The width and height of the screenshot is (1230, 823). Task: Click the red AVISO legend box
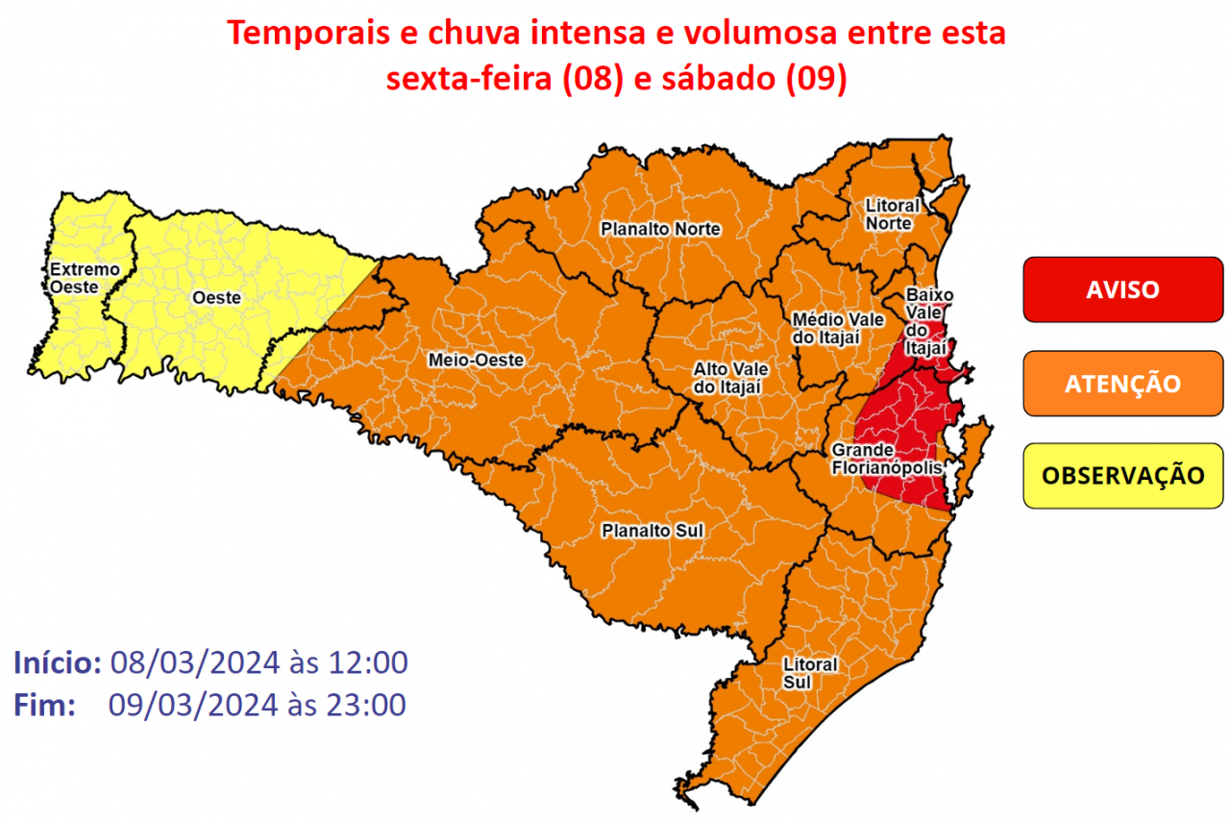tap(1122, 289)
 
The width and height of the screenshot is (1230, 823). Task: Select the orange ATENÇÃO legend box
tap(1122, 383)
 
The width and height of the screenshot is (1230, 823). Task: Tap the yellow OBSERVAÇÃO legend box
tap(1122, 475)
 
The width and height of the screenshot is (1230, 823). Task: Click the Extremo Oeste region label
tap(85, 278)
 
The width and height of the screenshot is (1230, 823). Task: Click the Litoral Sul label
tap(810, 673)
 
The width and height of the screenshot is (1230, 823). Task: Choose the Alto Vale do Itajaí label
tap(728, 378)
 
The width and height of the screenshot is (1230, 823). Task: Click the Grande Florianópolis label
tap(876, 459)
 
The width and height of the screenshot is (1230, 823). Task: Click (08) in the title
tap(588, 80)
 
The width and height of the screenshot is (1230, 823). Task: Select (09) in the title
tap(815, 80)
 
